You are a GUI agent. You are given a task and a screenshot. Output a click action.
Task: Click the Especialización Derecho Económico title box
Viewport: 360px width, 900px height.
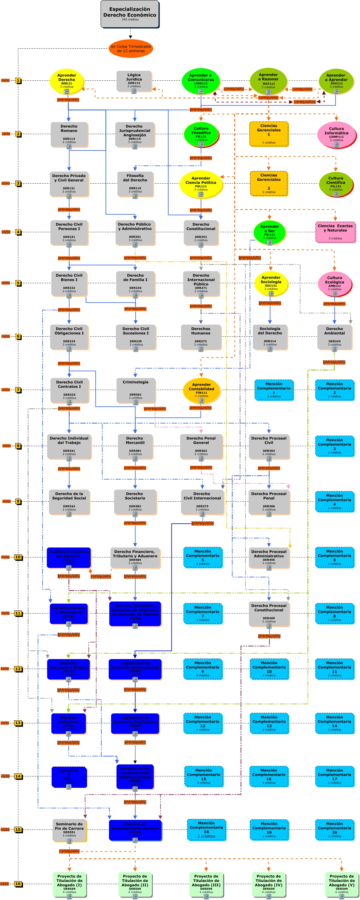click(130, 14)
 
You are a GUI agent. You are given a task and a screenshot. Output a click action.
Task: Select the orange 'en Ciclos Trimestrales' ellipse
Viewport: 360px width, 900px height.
click(131, 49)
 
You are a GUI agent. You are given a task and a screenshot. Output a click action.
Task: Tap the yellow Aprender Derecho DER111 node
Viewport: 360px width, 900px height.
click(66, 81)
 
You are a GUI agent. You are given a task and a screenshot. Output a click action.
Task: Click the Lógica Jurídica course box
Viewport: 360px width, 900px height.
click(134, 81)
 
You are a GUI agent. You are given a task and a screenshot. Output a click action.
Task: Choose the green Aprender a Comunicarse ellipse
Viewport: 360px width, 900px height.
click(201, 81)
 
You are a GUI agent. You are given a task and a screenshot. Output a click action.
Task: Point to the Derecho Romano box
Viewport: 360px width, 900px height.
click(69, 134)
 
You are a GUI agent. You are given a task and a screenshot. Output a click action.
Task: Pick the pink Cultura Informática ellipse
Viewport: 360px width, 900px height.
click(336, 134)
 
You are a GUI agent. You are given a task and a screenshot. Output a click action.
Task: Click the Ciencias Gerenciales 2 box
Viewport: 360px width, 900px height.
click(269, 183)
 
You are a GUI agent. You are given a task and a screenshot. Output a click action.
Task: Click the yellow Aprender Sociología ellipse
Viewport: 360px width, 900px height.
click(271, 283)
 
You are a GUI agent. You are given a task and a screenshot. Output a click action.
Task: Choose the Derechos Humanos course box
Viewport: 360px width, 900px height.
click(201, 337)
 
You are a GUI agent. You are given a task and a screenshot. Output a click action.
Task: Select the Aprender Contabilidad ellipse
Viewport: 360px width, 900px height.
click(201, 390)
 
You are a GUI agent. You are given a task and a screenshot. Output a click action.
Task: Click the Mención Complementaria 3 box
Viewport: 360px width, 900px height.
click(334, 446)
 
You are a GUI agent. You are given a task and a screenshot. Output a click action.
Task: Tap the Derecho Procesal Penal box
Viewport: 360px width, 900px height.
click(269, 502)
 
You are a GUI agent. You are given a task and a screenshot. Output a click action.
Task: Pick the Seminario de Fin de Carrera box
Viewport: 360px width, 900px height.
click(69, 830)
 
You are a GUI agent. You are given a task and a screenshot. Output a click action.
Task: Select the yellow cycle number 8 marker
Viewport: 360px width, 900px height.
click(18, 446)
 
